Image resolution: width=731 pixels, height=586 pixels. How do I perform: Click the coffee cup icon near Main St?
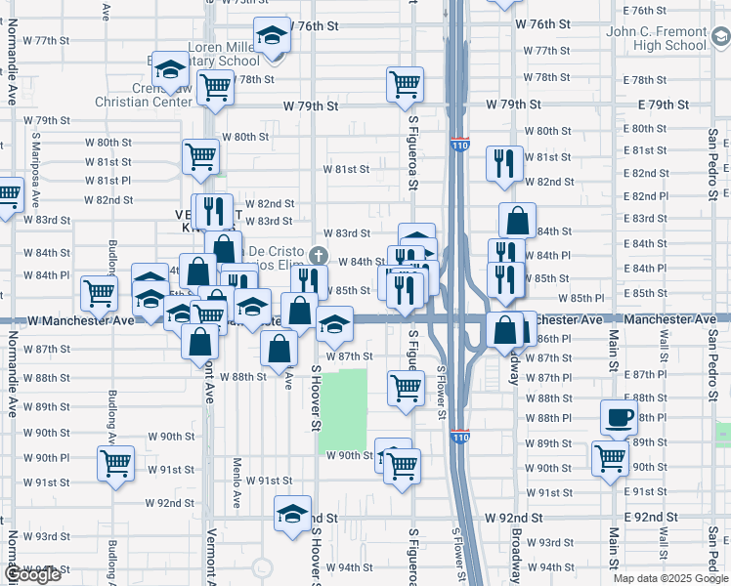(x=618, y=417)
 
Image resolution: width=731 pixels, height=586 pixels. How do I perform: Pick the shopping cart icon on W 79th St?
(x=405, y=84)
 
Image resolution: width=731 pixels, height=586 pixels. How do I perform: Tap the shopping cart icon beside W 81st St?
(x=200, y=156)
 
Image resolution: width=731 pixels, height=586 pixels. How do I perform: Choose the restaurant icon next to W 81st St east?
(x=504, y=163)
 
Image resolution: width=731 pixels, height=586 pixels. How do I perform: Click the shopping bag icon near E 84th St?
(x=517, y=221)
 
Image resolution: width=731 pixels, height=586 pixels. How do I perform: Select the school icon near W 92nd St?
(x=292, y=514)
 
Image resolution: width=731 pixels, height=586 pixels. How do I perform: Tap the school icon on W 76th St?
(x=271, y=37)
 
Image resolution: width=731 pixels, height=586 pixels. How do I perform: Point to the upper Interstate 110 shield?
(x=459, y=145)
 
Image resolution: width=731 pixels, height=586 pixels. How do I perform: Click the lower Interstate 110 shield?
(x=459, y=438)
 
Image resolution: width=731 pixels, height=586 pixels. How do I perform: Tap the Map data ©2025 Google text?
(x=670, y=578)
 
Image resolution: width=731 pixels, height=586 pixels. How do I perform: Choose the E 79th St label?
(x=664, y=105)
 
